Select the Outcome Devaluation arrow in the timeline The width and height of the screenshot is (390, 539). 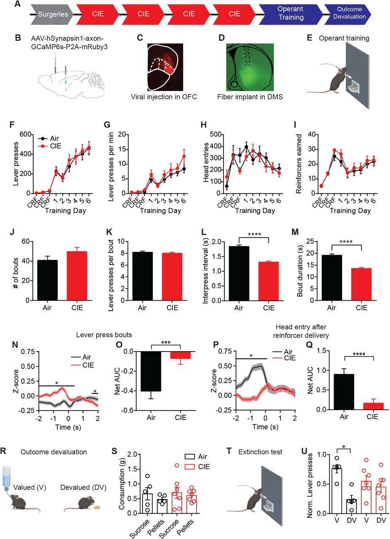(x=348, y=14)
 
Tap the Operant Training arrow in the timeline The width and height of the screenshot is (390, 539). (x=290, y=14)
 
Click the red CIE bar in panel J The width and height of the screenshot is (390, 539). (x=77, y=276)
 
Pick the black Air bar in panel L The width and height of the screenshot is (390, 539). (x=239, y=273)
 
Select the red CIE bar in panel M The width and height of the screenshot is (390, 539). (x=361, y=284)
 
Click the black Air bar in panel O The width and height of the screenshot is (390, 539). (x=151, y=371)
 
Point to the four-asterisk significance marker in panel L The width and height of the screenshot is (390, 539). (x=254, y=235)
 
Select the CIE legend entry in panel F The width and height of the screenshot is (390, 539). (x=50, y=146)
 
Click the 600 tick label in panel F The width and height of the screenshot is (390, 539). (x=25, y=134)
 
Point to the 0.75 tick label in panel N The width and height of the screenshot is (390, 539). (x=28, y=352)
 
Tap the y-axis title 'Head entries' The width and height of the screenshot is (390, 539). (x=206, y=162)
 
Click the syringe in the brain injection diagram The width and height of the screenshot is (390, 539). (x=55, y=64)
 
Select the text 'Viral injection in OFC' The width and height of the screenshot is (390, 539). (x=164, y=97)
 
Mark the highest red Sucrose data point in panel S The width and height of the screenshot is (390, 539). (x=177, y=465)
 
